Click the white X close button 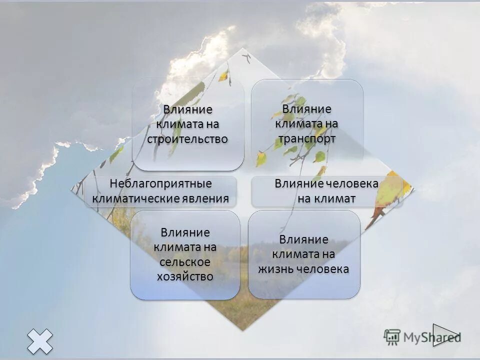[39, 342]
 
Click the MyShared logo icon [392, 336]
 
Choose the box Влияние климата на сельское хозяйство [185, 255]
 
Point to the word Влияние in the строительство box [188, 109]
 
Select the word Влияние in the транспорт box [307, 109]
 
